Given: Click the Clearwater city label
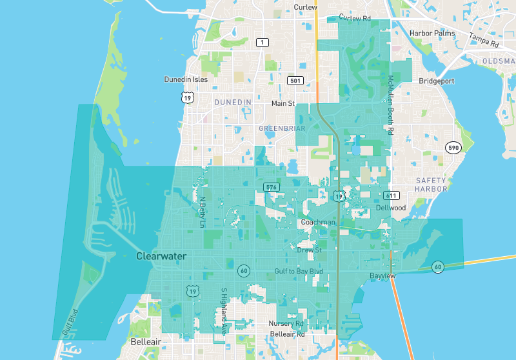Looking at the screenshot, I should (x=161, y=256).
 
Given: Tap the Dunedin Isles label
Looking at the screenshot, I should (x=186, y=79).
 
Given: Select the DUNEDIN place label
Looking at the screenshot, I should (x=232, y=103).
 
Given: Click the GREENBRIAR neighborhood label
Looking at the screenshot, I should (x=282, y=128).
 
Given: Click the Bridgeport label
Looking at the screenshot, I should (x=437, y=81).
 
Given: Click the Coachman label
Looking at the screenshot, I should (x=318, y=223).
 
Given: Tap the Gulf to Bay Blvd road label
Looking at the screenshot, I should (x=298, y=272).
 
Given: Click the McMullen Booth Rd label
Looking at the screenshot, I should (x=390, y=104).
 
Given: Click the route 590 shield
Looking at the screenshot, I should (x=454, y=148).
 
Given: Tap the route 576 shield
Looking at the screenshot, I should (x=271, y=187).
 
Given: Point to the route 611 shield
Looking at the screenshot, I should (x=392, y=195).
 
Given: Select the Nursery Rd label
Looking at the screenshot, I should (x=286, y=323).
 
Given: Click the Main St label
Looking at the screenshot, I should (x=283, y=103).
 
